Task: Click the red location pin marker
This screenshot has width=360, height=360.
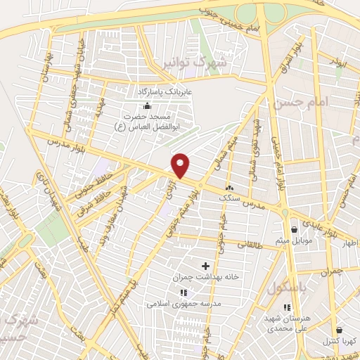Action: coord(181,165)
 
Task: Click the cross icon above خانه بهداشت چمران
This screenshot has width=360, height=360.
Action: coord(205,266)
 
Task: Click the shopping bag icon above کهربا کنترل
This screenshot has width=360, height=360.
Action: coord(340,330)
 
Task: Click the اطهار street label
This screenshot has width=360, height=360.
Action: coord(349,244)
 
